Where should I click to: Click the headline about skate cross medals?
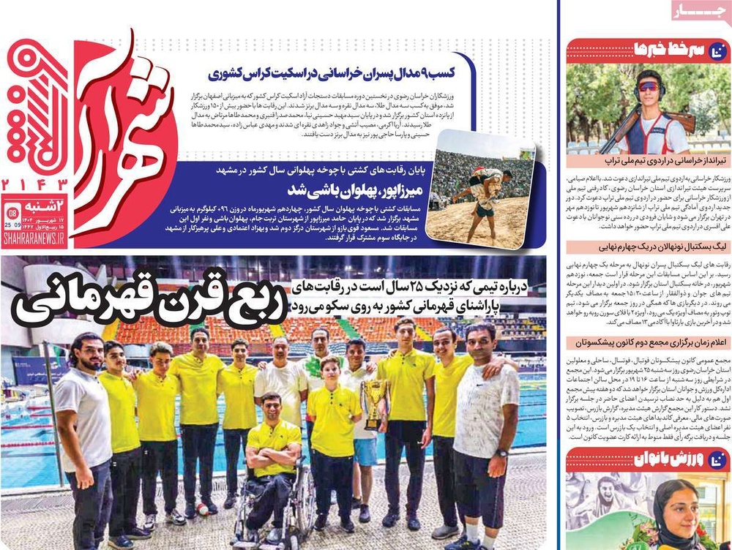(341, 73)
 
